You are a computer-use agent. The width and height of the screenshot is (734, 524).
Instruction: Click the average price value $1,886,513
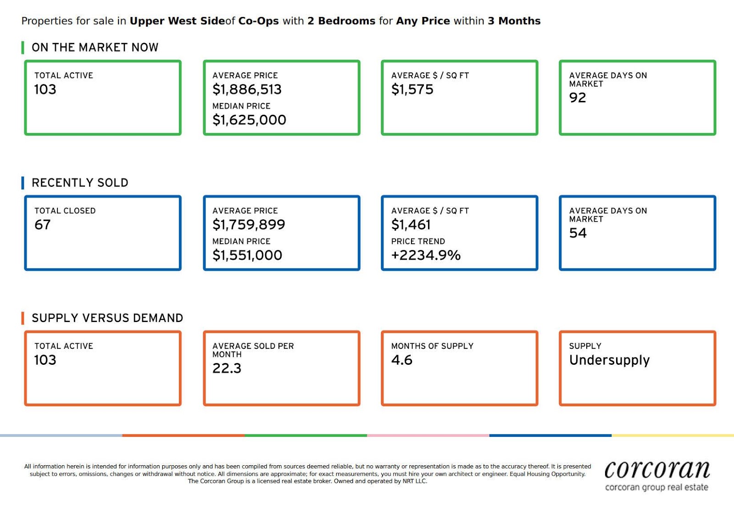[247, 89]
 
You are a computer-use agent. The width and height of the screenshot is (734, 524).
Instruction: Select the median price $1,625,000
[249, 120]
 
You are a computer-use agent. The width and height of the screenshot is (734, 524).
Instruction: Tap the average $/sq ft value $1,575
[412, 89]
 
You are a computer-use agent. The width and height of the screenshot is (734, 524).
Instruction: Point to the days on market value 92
[578, 98]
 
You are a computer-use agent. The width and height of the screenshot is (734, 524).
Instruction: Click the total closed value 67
[43, 225]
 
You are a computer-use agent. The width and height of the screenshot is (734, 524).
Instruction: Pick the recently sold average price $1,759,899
[249, 225]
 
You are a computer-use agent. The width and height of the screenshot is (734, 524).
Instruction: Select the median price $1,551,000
[247, 255]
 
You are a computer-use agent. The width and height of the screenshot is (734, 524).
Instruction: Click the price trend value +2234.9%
[426, 255]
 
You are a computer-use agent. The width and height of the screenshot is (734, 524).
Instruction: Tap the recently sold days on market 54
[578, 233]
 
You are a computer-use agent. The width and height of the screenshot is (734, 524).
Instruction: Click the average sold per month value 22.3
[227, 368]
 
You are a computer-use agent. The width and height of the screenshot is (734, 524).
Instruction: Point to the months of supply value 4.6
[402, 360]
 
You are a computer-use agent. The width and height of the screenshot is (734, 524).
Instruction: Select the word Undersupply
[609, 360]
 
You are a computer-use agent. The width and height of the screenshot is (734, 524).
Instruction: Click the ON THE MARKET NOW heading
[95, 48]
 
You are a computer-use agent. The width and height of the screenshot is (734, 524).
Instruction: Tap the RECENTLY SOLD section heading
[80, 183]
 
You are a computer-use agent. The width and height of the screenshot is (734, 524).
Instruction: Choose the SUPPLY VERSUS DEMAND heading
[107, 318]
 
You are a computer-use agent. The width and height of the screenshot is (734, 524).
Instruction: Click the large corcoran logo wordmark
[657, 470]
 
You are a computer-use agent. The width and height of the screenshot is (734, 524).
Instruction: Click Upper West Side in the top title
[178, 21]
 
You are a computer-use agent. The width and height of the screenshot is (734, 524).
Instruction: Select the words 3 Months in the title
[514, 21]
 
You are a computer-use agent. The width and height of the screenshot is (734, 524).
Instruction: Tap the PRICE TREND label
[418, 241]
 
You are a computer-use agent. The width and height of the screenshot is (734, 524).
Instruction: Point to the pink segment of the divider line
[428, 435]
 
